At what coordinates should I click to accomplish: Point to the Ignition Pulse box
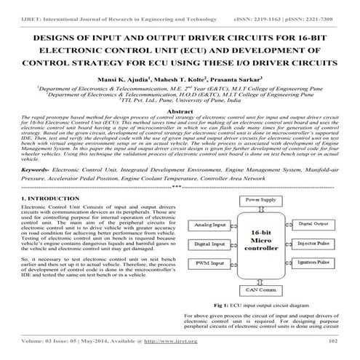(314, 260)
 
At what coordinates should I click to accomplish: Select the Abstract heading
(180, 111)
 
